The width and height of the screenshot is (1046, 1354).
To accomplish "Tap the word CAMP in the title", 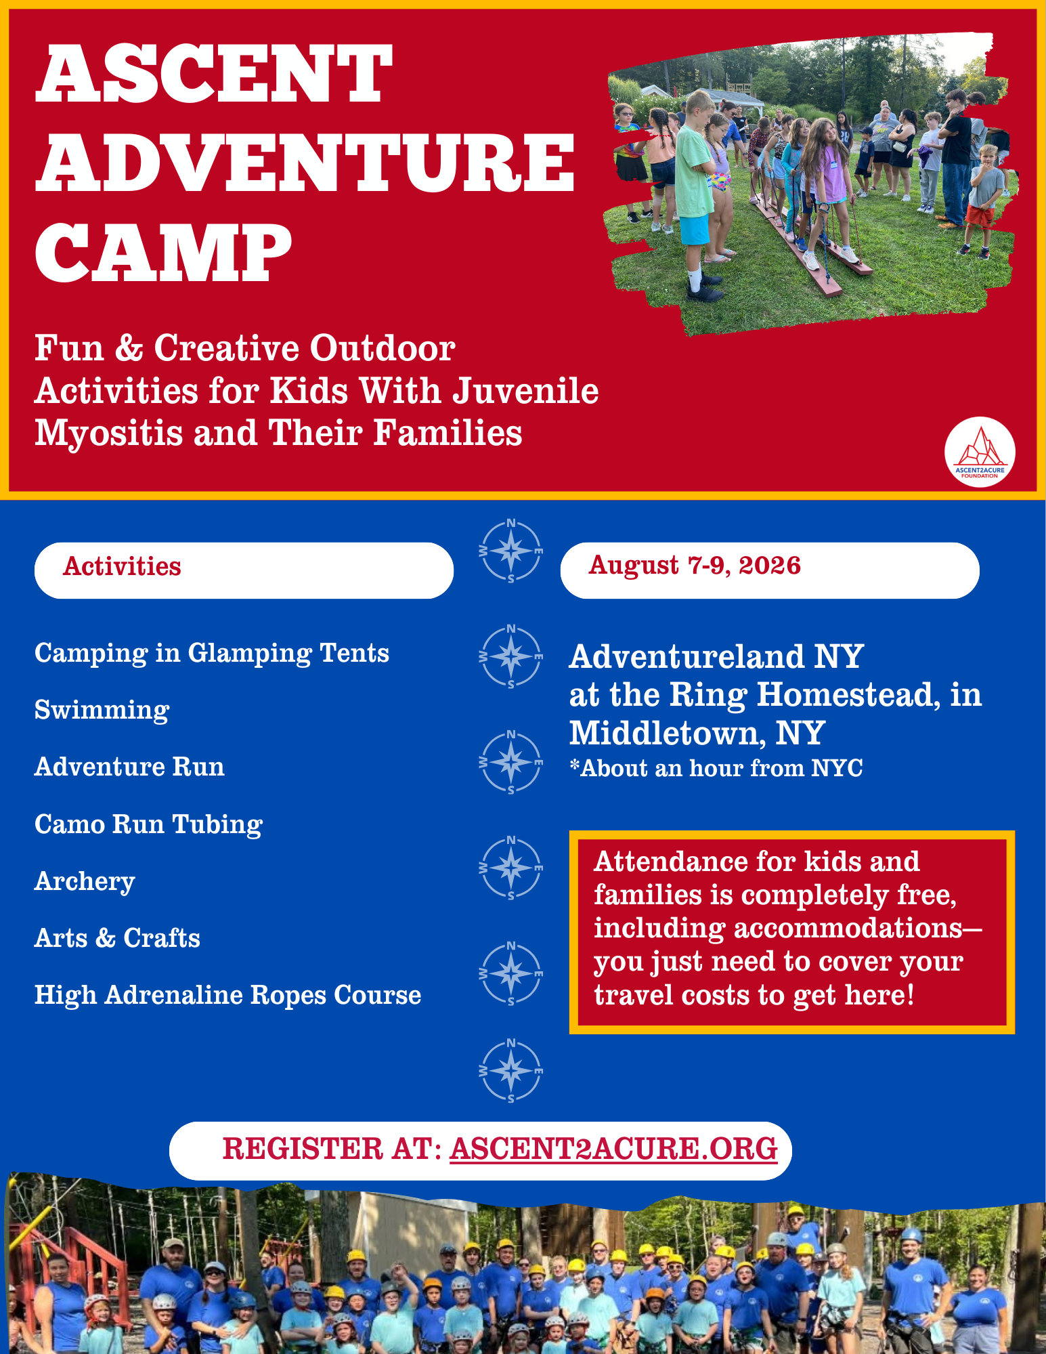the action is coord(164,252).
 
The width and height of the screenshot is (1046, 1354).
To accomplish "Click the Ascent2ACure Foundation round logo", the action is coord(980,452).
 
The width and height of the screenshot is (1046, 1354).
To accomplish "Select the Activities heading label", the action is coord(122,567).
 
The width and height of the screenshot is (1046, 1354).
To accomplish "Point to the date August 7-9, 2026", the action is coord(695,566).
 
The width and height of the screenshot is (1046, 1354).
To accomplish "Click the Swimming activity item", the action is coord(102,711).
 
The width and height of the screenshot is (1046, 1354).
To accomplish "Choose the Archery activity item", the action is coord(85,882).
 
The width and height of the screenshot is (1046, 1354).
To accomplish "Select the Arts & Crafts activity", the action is coord(117,938).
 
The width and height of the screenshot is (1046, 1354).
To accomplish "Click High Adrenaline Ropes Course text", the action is coord(227,996).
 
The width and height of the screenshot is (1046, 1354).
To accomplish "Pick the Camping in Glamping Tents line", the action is coord(212,654).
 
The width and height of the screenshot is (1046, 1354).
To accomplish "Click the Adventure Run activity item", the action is coord(129,767).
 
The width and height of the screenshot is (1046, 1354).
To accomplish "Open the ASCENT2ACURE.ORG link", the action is coord(613,1149).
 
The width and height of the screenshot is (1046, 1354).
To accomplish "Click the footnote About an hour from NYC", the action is coord(716,768).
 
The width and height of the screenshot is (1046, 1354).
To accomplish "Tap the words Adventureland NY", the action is coord(716,656).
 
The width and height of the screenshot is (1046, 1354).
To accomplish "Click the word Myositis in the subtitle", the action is coord(108,433).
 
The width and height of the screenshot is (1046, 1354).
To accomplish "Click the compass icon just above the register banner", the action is coord(511,1071).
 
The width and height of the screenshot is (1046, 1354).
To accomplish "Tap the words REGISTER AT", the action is coord(332,1149).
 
